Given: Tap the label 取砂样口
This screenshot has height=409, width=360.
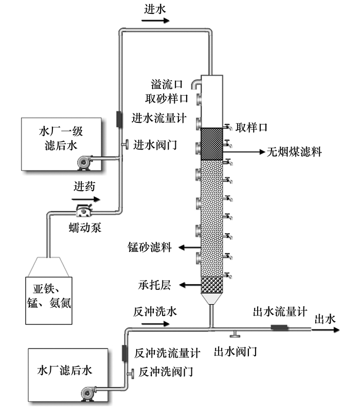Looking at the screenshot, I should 166,97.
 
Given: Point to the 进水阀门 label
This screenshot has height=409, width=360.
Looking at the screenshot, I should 155,144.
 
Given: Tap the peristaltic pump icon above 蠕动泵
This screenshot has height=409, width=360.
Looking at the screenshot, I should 82,210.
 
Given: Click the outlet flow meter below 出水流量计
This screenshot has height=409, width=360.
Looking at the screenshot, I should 279,327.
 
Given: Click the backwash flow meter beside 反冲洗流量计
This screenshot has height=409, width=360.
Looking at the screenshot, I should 124,353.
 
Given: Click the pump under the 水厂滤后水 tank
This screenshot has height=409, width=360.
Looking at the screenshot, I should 88,393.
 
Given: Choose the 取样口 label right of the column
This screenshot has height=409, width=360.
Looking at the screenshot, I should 252,126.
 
